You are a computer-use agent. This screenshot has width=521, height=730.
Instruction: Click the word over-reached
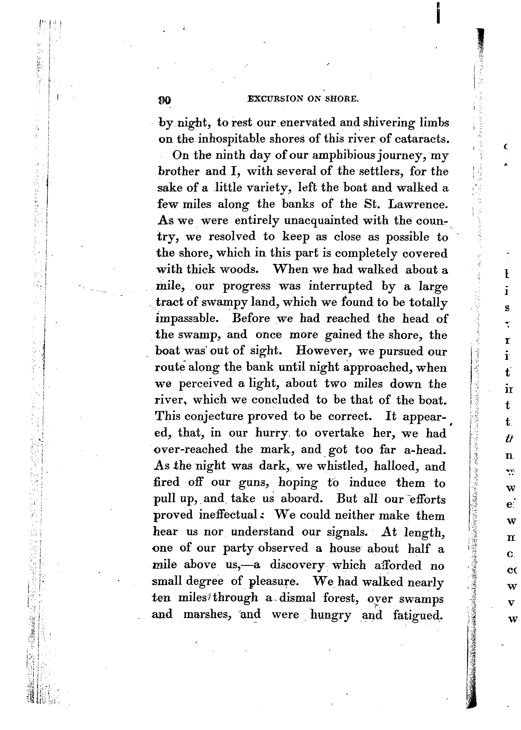pyautogui.click(x=191, y=449)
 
